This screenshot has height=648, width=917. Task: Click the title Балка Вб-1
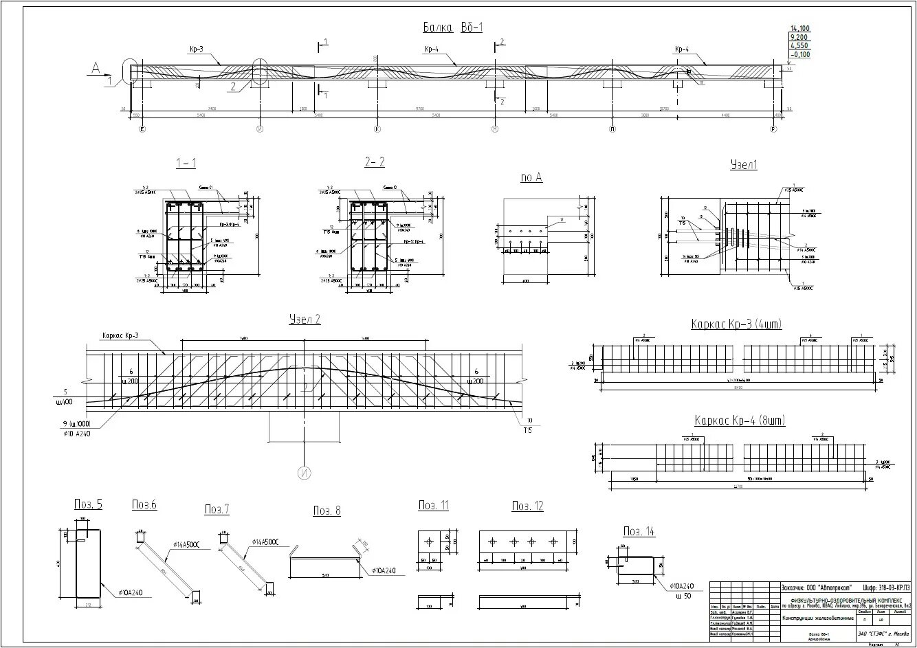(453, 27)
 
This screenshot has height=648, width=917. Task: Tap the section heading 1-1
(186, 162)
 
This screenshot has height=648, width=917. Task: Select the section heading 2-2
(375, 162)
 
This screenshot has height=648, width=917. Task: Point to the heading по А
(531, 178)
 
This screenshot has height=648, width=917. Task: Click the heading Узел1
(743, 166)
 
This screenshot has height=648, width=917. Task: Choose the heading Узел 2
(305, 320)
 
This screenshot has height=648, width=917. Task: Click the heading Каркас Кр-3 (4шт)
(736, 324)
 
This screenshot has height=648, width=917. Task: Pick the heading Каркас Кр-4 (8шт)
(739, 421)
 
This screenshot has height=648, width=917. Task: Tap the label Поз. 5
(88, 505)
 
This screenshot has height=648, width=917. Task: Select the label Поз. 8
(327, 511)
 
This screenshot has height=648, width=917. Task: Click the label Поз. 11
(434, 506)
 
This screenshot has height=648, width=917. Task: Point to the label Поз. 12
(527, 506)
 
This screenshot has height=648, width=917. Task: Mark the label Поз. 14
(639, 531)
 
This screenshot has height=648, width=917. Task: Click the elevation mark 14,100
(800, 28)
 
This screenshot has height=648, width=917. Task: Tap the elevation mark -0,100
(800, 55)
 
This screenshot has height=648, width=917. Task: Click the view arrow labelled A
(96, 67)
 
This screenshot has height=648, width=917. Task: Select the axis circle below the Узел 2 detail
(304, 473)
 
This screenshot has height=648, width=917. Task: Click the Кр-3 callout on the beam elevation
(197, 49)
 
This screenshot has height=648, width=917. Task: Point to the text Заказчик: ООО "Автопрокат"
(817, 587)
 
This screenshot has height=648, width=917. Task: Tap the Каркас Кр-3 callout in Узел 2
(120, 335)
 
